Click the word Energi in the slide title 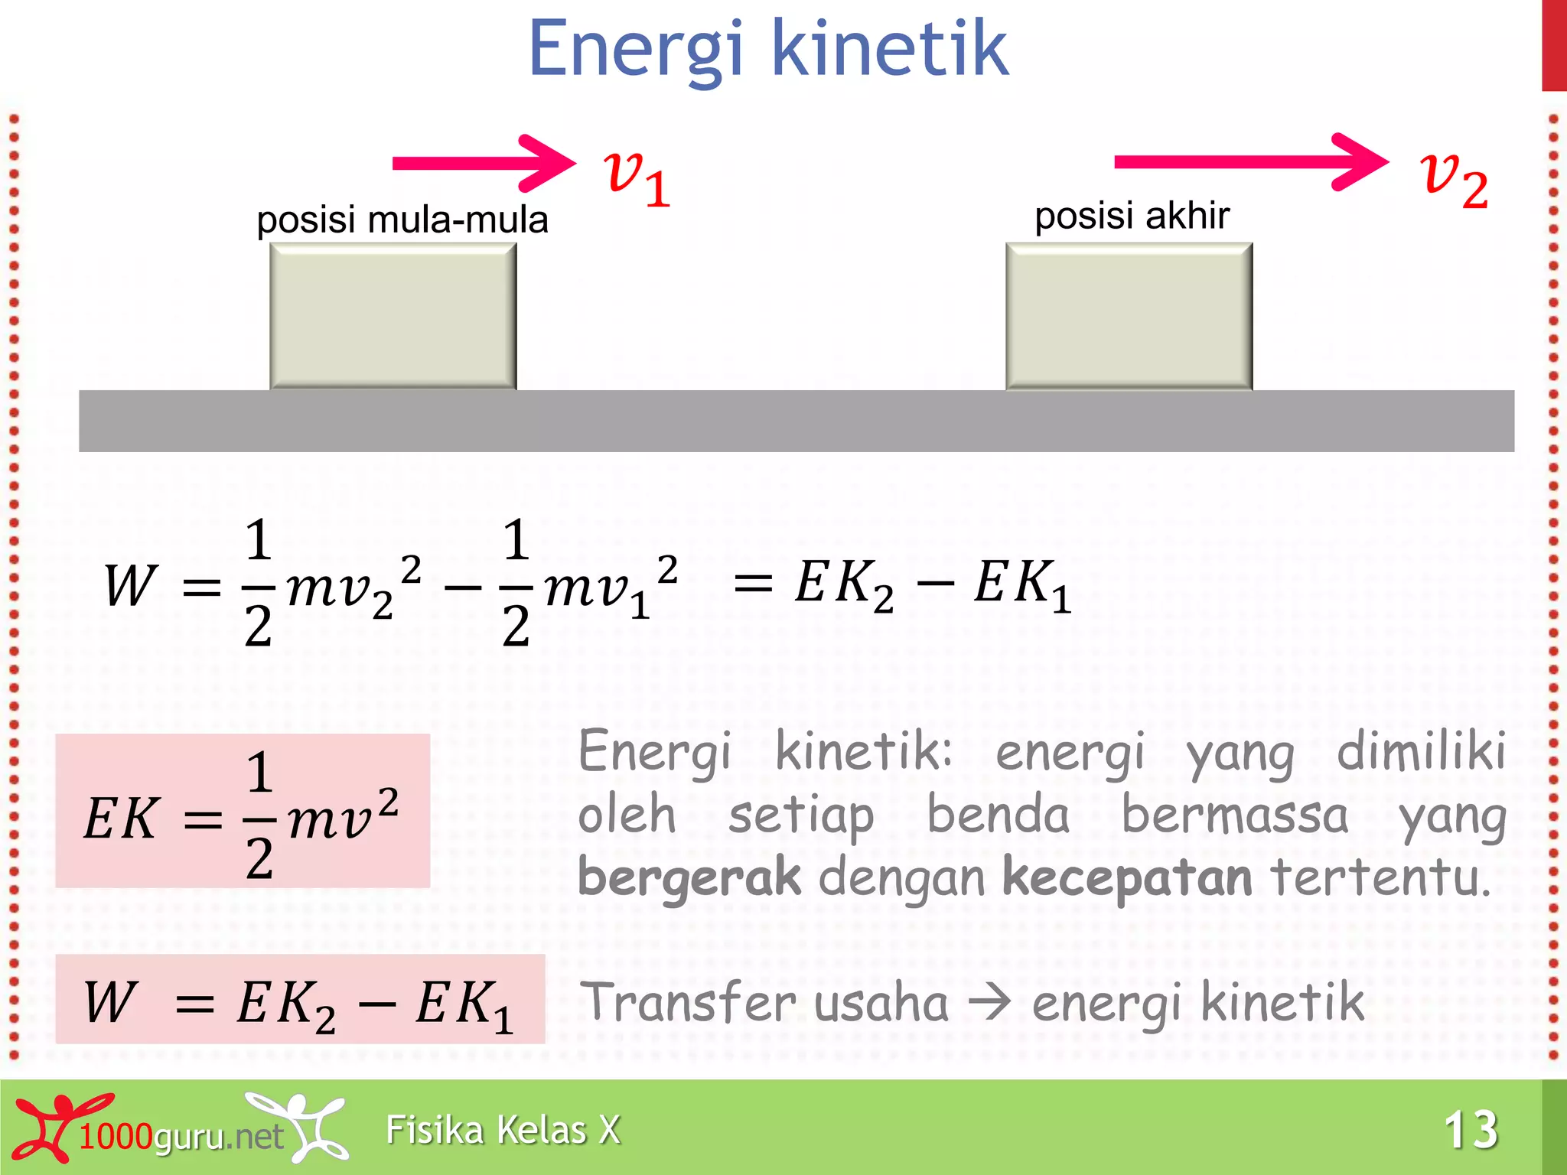click(x=635, y=50)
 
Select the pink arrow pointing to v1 click(x=482, y=163)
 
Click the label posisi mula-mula click(x=402, y=220)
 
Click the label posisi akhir click(x=1132, y=216)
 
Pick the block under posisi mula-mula click(x=393, y=316)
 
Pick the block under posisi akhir click(x=1129, y=316)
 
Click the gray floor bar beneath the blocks click(x=796, y=421)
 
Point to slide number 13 click(x=1470, y=1129)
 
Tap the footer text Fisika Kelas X click(x=503, y=1130)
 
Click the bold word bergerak click(x=689, y=877)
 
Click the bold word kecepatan click(x=1127, y=877)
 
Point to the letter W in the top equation click(x=130, y=586)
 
